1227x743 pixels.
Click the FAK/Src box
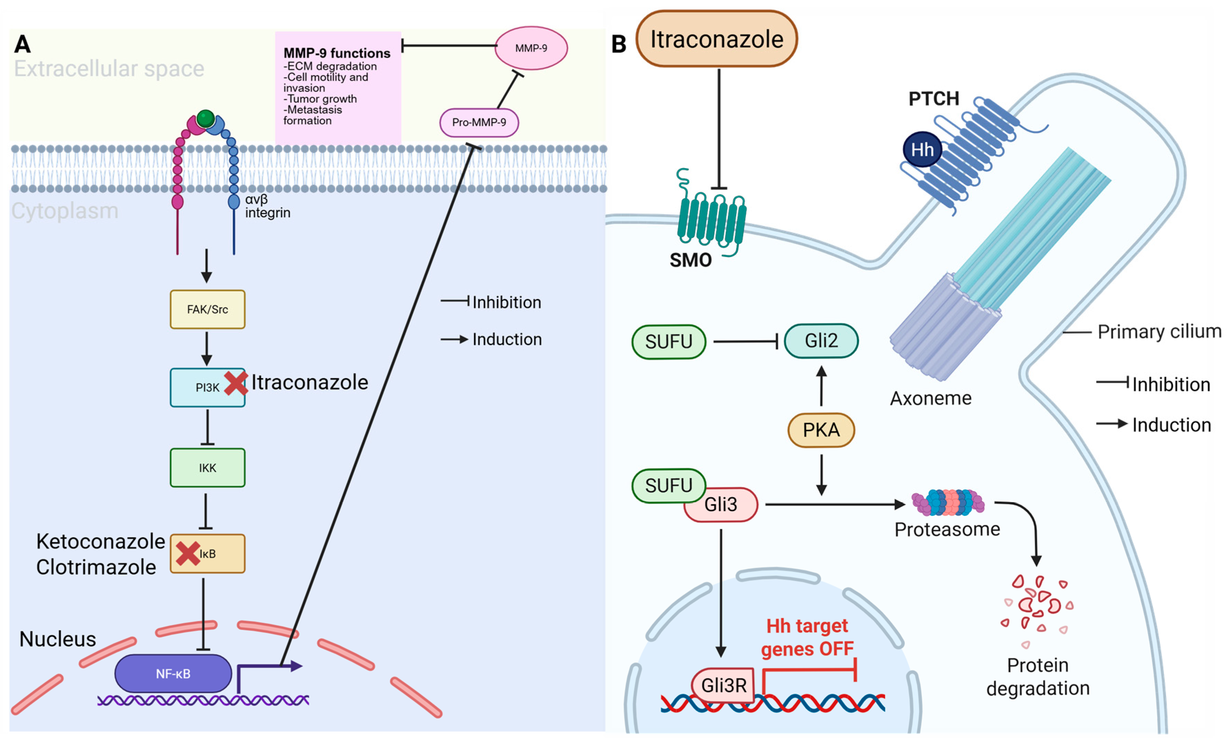click(207, 309)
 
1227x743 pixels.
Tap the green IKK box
click(207, 468)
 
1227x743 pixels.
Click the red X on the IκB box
click(188, 553)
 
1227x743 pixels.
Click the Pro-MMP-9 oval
click(479, 122)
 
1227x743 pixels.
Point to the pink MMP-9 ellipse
click(531, 48)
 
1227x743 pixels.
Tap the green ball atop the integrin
click(205, 119)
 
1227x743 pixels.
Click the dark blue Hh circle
click(922, 149)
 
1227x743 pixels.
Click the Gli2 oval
click(821, 341)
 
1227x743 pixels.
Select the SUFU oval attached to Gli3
click(668, 485)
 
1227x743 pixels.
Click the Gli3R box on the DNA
click(724, 685)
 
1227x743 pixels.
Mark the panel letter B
click(618, 44)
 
